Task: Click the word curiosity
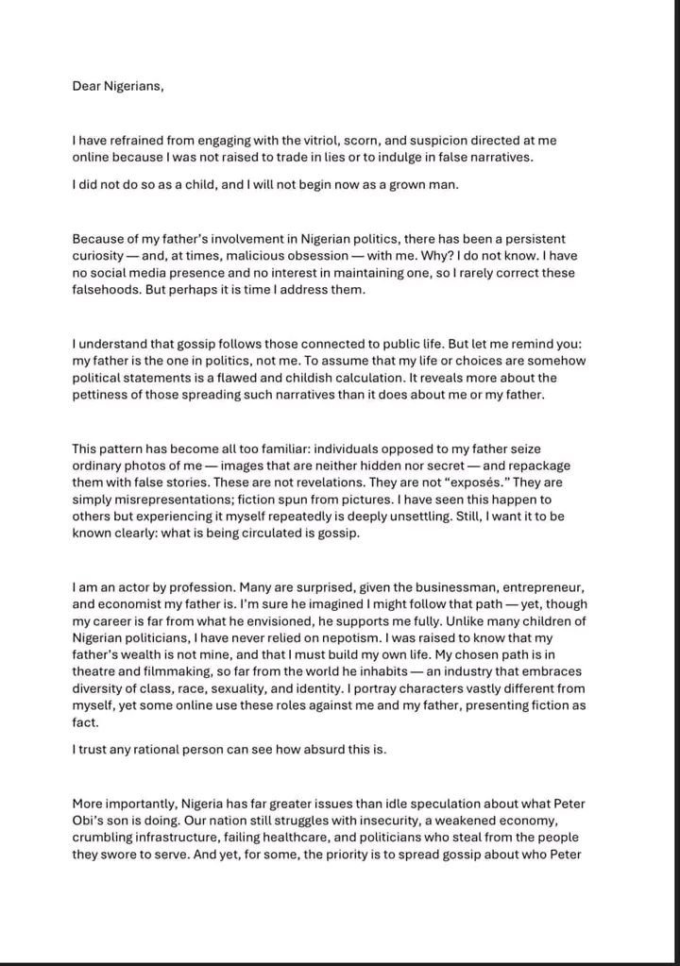tap(103, 256)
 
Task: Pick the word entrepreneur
tap(533, 586)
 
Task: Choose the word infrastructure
tap(187, 838)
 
